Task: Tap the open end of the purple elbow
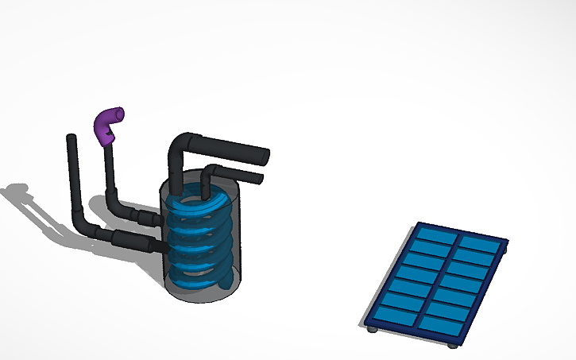[x=119, y=113]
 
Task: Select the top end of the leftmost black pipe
[x=71, y=138]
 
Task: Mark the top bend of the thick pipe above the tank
[x=179, y=145]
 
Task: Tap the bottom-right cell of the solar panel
[x=439, y=327]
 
